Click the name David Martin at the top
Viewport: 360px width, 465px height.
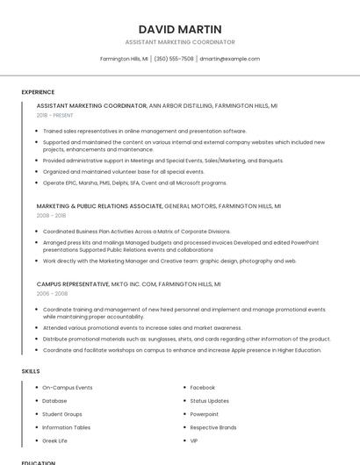[180, 28]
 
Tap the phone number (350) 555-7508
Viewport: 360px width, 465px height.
[174, 59]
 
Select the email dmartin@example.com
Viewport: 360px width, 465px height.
[229, 59]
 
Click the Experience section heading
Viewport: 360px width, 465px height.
[38, 92]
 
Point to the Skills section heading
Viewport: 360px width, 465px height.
[31, 371]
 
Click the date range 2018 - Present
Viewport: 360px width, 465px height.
[54, 115]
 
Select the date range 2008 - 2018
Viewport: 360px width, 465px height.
[51, 215]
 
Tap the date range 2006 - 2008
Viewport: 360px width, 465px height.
[51, 294]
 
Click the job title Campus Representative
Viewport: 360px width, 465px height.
[73, 284]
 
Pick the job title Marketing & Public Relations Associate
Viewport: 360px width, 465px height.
[99, 205]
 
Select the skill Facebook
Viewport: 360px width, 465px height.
[202, 387]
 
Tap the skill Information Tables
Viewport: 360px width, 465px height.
[67, 427]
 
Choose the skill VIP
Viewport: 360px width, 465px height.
[194, 440]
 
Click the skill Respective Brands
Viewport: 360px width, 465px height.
[213, 427]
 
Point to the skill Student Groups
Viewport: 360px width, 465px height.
[62, 414]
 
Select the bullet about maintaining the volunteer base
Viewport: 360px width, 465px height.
[123, 172]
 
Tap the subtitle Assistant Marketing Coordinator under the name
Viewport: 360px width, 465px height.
[180, 42]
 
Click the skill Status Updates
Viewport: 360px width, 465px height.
[209, 400]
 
